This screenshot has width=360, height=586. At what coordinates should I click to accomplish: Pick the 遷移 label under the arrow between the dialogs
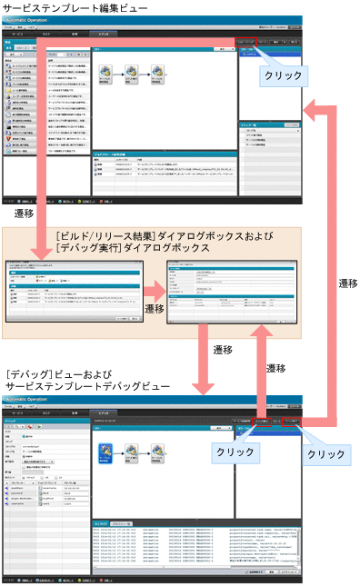(x=154, y=310)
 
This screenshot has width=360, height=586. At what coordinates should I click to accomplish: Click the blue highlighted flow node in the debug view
(x=106, y=452)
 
